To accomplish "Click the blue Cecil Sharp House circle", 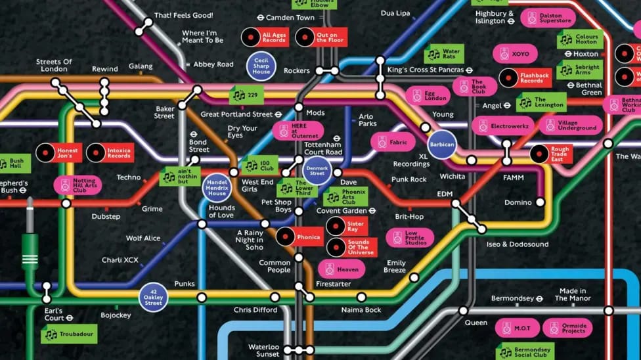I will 261,67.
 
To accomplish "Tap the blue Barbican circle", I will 441,144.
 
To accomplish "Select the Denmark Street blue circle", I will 317,170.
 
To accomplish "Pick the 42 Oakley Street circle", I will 153,298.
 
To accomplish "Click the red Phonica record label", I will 299,236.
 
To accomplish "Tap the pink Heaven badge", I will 341,269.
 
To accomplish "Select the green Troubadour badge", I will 69,334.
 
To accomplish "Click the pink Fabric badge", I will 392,142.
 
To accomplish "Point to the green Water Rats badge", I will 443,54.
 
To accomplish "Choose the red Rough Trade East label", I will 550,154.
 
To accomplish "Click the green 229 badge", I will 247,95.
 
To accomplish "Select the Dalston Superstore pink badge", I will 548,18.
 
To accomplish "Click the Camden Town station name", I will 286,18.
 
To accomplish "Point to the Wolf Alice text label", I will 143,238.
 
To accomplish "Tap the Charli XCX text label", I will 120,260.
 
